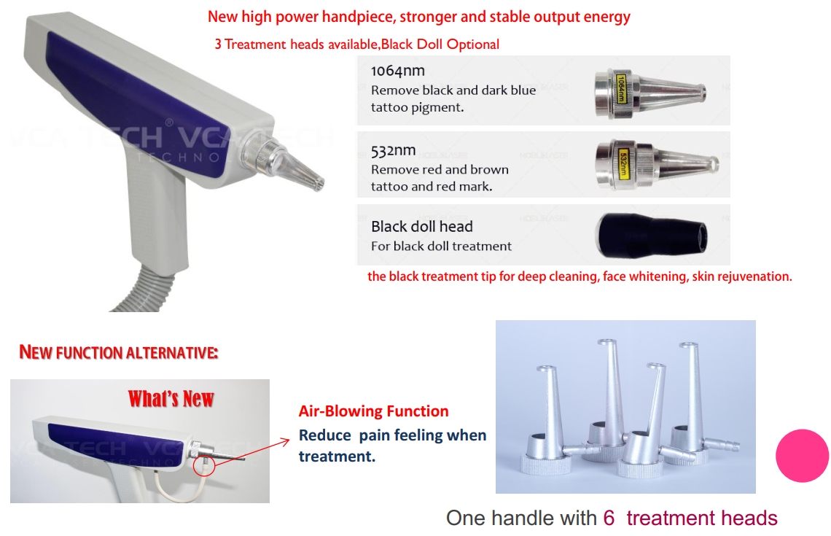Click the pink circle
(802, 455)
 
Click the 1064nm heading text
(397, 71)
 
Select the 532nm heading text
(393, 151)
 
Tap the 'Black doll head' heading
(421, 226)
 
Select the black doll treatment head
(650, 235)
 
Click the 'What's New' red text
(171, 399)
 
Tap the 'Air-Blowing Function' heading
(373, 411)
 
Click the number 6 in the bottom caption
(609, 518)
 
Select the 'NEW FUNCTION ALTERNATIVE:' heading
(118, 352)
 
